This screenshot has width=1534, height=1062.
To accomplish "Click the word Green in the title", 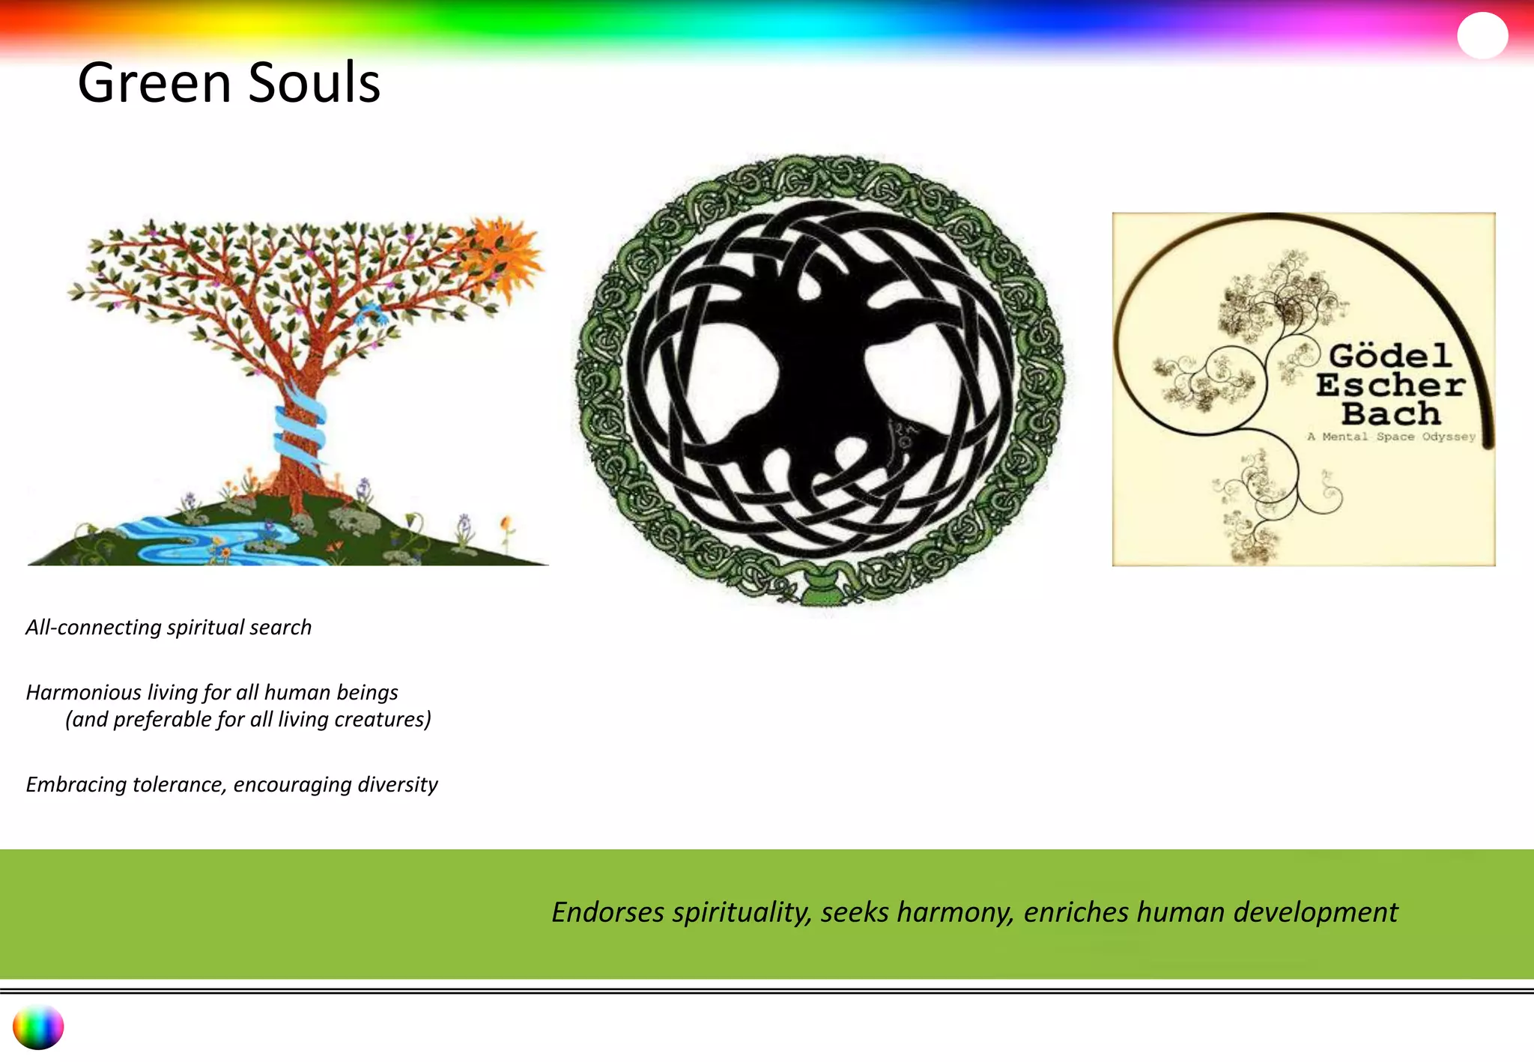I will tap(154, 82).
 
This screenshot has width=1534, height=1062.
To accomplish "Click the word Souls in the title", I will tap(314, 82).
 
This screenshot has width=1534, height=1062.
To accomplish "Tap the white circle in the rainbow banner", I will tap(1482, 35).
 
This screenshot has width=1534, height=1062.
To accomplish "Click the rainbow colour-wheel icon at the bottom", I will tap(38, 1027).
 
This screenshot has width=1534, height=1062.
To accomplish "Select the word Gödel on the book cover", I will tap(1390, 356).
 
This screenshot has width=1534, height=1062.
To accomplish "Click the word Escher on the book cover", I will tap(1390, 385).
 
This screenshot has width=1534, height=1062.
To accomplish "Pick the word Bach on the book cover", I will tap(1390, 413).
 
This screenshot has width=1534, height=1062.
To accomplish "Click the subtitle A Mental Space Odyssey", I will tap(1391, 437).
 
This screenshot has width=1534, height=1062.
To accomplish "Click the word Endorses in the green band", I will tap(607, 912).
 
